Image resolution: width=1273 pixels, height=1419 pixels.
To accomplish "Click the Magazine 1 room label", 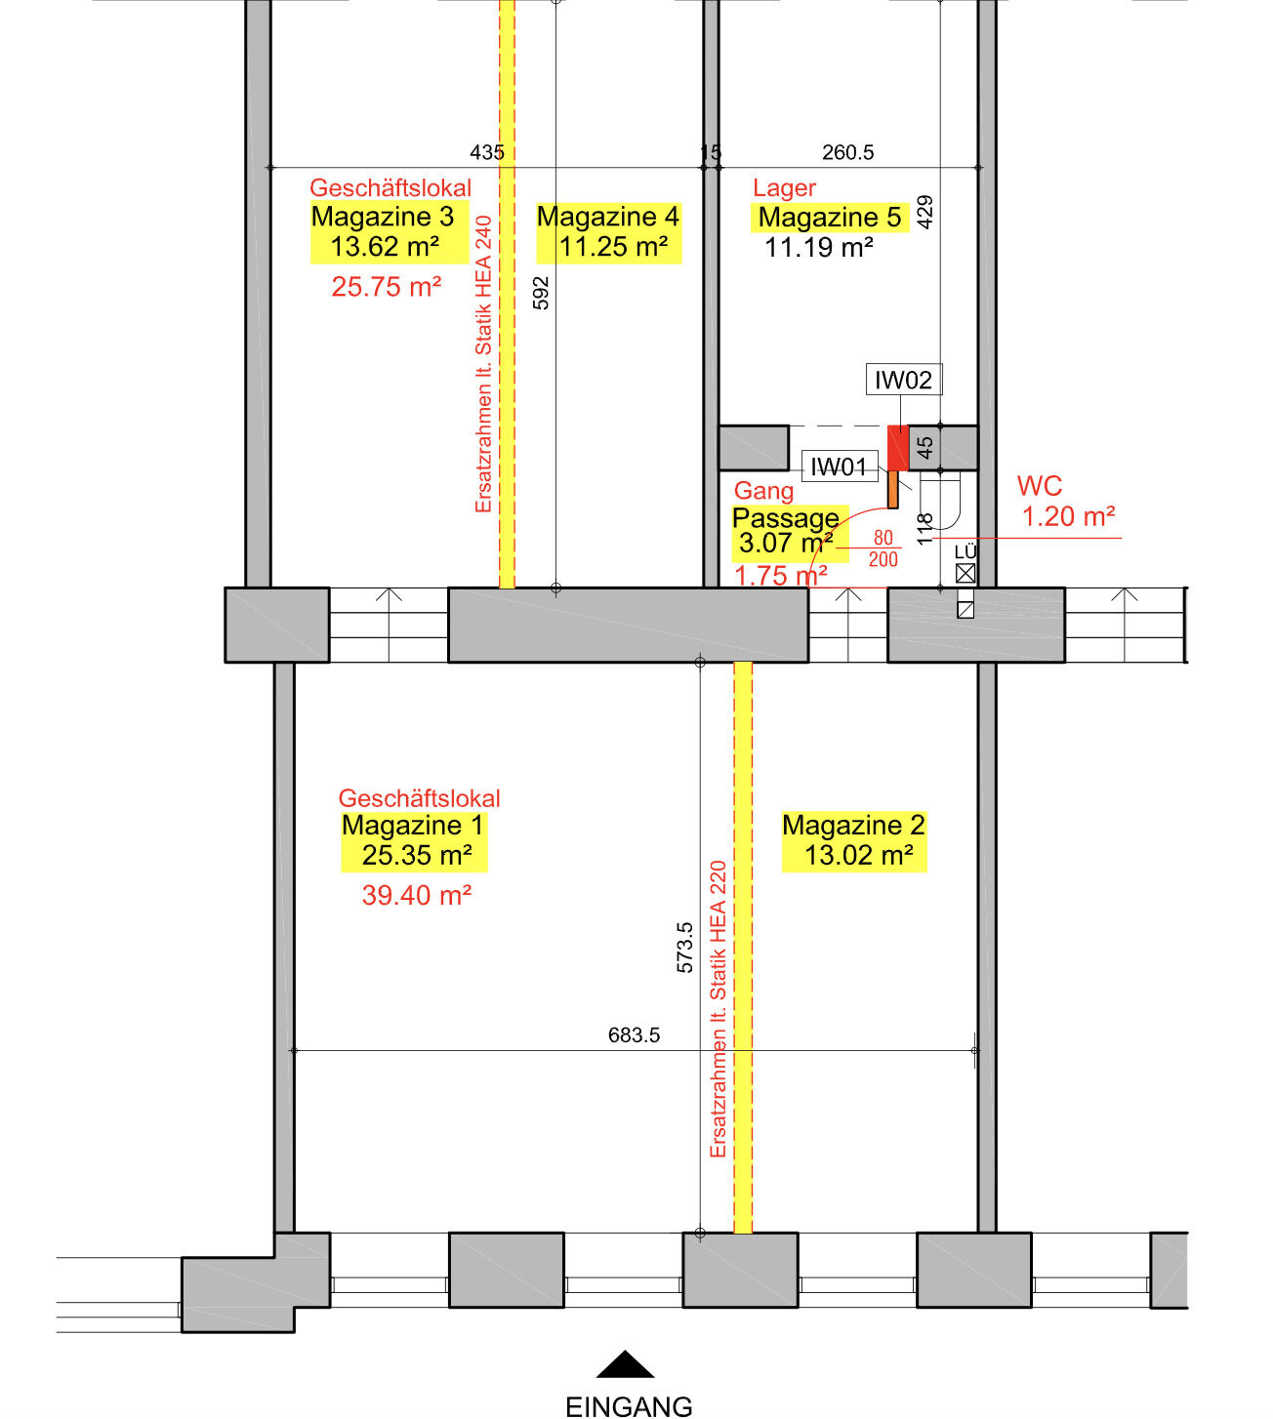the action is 413,825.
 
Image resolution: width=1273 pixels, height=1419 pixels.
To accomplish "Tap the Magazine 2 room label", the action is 853,825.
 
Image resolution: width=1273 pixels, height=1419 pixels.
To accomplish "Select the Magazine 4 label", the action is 607,217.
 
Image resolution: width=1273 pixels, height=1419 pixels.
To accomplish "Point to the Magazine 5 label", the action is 830,217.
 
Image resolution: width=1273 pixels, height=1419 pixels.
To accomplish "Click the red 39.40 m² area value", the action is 416,895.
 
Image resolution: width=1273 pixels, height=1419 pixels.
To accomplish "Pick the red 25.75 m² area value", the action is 386,287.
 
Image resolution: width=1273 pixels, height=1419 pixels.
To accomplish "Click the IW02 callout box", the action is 904,380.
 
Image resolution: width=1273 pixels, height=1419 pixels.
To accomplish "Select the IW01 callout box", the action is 840,466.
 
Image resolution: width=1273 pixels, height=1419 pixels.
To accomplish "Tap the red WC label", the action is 1039,485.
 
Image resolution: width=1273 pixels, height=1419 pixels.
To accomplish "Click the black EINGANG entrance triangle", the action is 625,1364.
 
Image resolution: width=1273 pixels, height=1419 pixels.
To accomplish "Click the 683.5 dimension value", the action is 634,1034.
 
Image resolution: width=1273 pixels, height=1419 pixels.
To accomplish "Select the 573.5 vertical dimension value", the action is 684,948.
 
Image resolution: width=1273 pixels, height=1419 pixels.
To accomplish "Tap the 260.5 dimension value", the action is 847,152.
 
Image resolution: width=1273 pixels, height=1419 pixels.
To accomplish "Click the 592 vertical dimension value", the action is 541,294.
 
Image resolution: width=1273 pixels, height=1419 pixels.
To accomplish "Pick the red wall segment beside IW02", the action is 898,448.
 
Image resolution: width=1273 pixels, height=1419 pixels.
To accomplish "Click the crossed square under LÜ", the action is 965,574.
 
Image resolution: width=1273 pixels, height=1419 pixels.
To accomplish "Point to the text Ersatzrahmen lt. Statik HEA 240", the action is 483,364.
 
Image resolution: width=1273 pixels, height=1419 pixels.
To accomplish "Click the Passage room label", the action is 786,517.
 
